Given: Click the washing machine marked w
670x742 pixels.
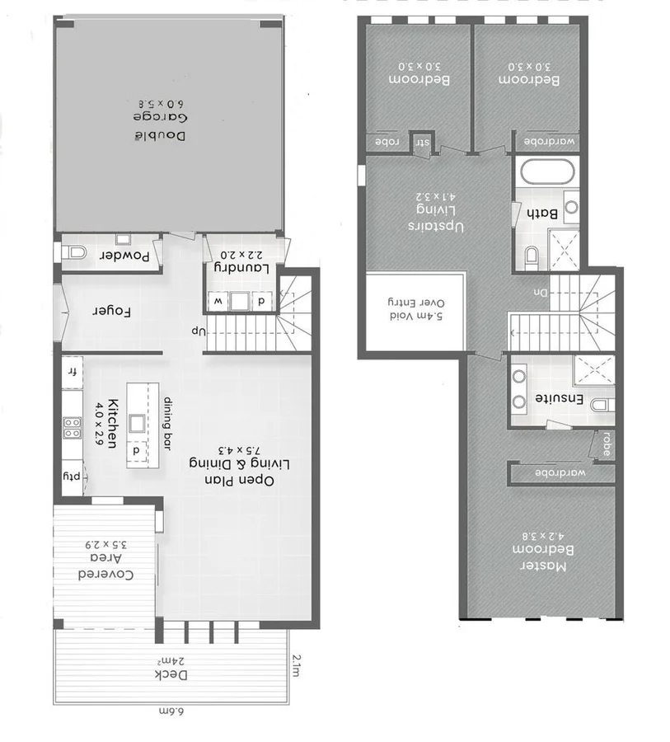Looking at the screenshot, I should pos(218,301).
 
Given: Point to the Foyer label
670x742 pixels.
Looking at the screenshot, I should pos(112,312).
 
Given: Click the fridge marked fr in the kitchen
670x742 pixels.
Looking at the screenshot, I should pos(73,373).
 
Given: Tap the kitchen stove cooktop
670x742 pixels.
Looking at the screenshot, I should pos(73,426).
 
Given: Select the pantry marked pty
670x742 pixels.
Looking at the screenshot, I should pos(73,477).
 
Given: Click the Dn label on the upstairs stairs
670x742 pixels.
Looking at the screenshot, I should pos(540,293).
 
